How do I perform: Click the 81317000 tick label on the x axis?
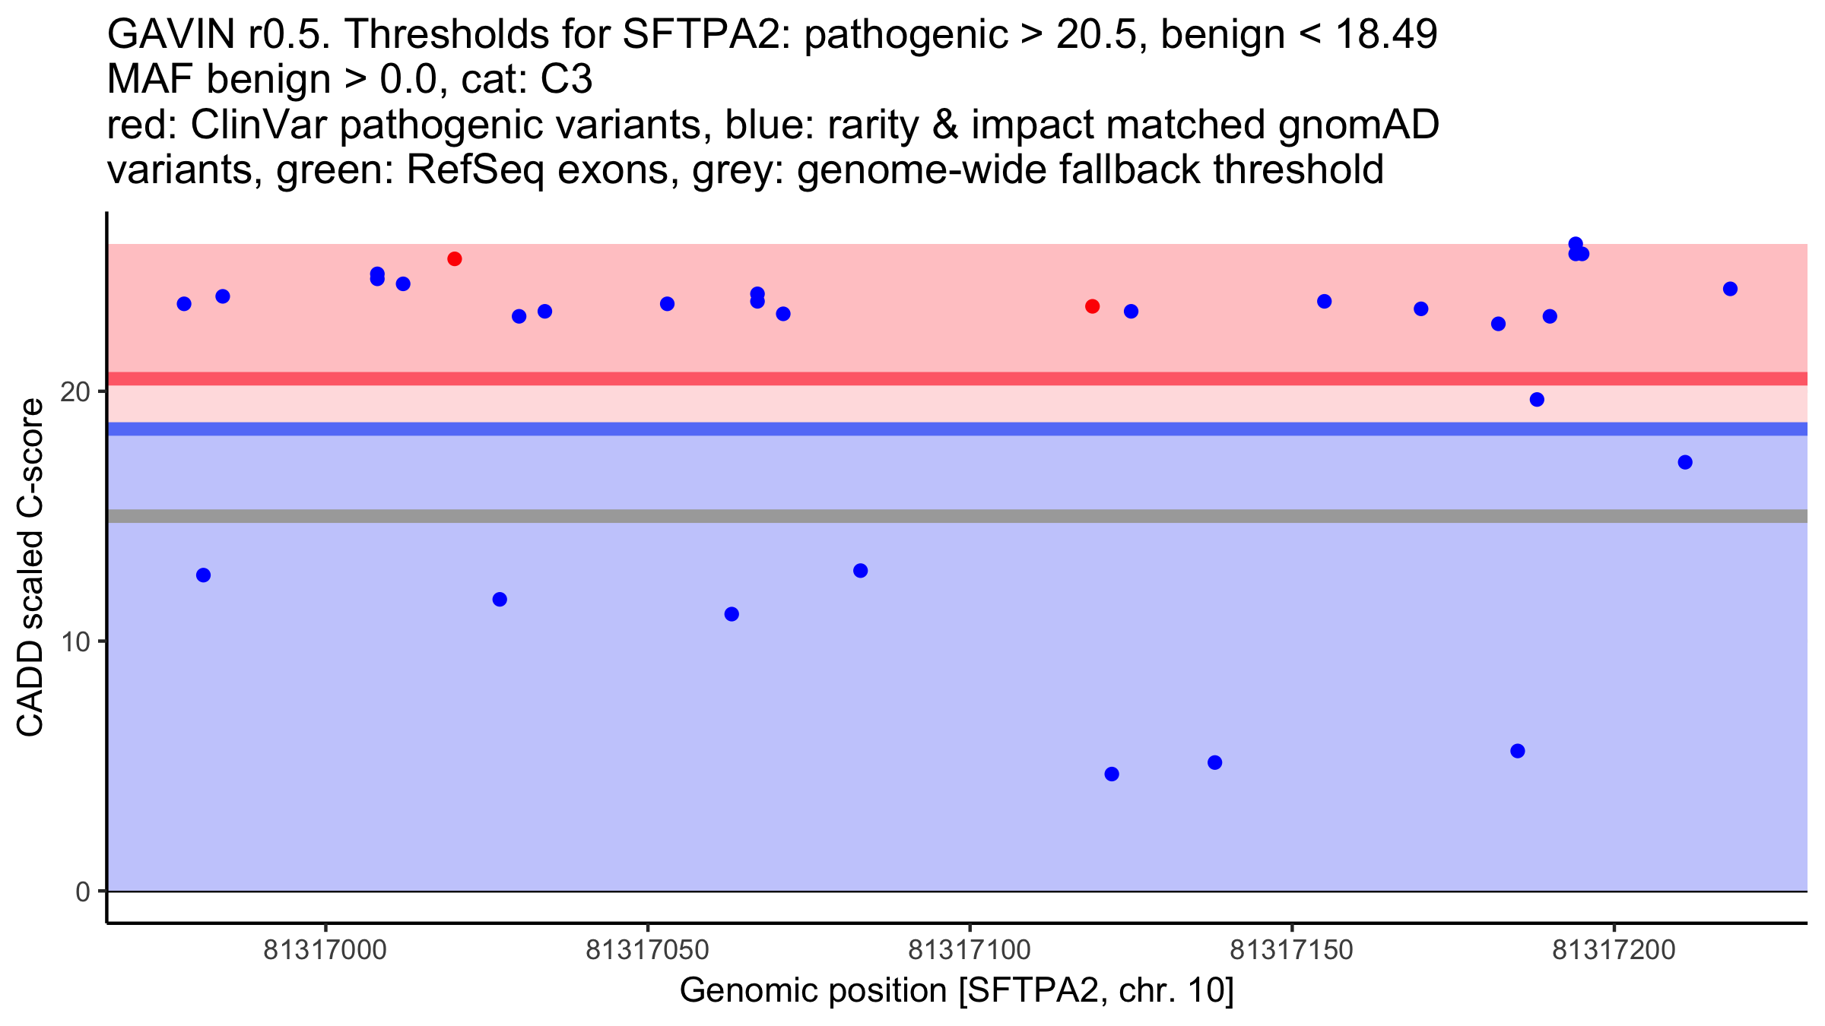[325, 950]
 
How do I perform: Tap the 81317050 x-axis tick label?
[647, 950]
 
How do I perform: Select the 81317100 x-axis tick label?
[970, 950]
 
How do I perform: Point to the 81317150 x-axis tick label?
[1291, 950]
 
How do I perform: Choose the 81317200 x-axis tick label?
[1614, 950]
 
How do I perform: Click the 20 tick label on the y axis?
[75, 392]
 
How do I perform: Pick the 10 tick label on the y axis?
[75, 642]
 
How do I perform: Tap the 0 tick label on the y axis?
[83, 891]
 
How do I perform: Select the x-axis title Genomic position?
[956, 991]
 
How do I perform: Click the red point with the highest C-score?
[455, 259]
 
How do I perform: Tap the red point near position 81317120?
[1092, 306]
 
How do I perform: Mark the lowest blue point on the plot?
[1112, 774]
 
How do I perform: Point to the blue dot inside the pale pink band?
[1537, 400]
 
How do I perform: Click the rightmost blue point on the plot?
[1730, 289]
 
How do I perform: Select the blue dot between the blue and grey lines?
[1685, 462]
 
